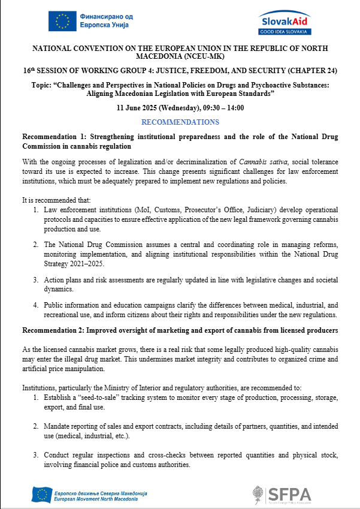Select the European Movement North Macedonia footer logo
coord(89,495)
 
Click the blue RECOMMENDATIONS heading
coord(180,122)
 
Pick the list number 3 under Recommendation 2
coord(37,456)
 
